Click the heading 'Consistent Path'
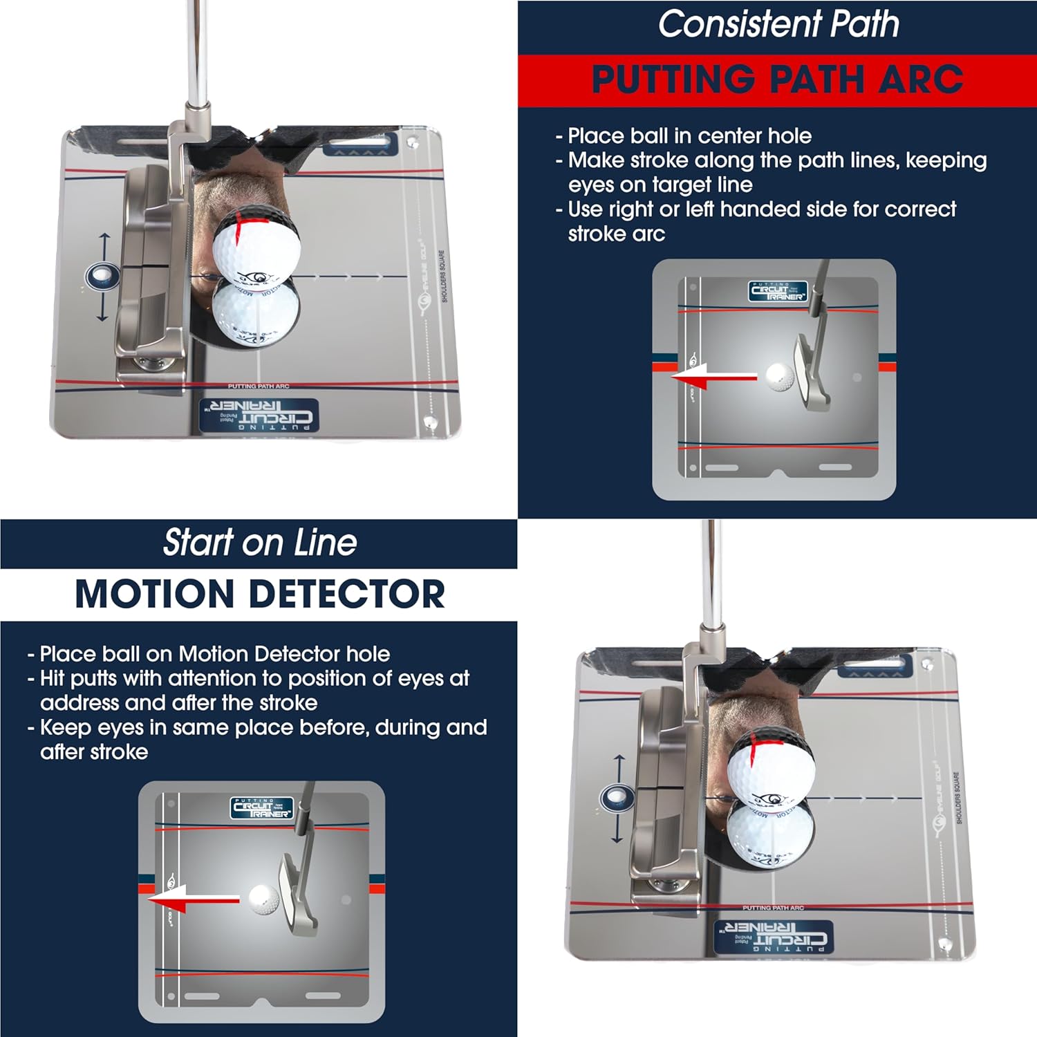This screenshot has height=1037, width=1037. [778, 25]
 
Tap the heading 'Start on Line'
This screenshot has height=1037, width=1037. [259, 543]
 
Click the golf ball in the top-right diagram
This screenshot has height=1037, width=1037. [780, 377]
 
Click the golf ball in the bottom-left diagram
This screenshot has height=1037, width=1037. [263, 899]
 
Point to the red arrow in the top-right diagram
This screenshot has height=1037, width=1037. [712, 377]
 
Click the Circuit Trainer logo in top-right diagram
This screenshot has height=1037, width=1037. [778, 291]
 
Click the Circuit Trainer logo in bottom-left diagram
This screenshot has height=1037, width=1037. [261, 808]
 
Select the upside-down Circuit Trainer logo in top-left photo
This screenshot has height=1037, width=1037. [259, 415]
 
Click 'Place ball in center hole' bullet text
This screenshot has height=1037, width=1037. [689, 136]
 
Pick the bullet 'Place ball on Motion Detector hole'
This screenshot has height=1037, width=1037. [214, 654]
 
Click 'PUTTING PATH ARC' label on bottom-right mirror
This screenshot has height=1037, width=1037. [773, 908]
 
